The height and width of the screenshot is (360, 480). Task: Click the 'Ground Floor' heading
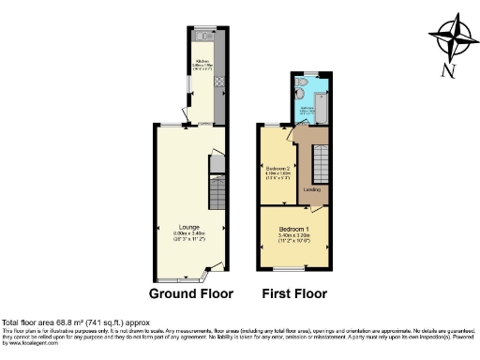point(191,292)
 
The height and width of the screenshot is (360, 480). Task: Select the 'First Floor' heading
point(296,292)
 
